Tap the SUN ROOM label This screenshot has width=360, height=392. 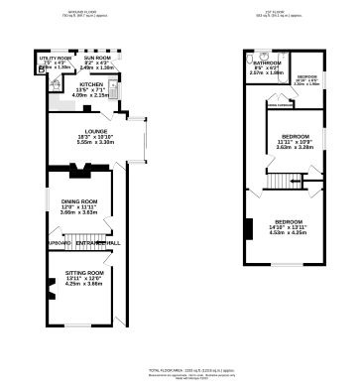[97, 59]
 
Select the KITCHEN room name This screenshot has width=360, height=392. [91, 85]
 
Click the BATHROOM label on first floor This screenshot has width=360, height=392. [268, 62]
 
